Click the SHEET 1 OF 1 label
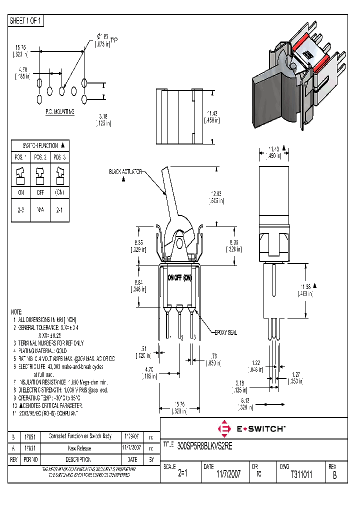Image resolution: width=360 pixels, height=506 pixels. click(26, 21)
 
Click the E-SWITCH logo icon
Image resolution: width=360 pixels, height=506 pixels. click(224, 428)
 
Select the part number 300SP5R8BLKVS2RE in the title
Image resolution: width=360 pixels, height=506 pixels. click(204, 444)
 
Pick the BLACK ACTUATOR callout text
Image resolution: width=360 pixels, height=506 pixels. click(125, 171)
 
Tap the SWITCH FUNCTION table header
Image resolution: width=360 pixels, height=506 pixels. click(40, 145)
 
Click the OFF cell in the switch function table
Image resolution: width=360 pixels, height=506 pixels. click(39, 192)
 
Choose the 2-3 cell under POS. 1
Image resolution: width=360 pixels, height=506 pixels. click(20, 210)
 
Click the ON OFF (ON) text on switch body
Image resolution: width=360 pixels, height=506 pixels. click(179, 277)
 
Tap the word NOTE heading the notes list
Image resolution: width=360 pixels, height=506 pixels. click(17, 311)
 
